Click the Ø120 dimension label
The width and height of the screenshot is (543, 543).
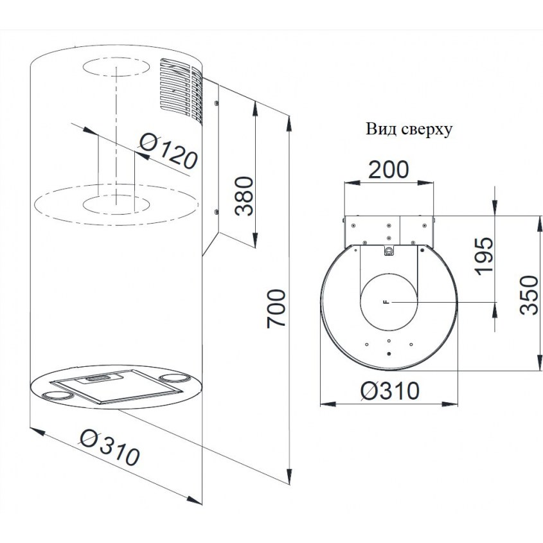(168, 151)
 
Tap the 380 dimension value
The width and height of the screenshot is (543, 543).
(244, 196)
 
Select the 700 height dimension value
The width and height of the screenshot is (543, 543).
(276, 308)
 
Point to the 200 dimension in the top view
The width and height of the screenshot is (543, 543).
(388, 170)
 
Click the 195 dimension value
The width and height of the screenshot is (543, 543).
(484, 256)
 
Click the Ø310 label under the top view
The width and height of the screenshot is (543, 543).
(389, 391)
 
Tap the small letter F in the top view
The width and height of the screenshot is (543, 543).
(387, 302)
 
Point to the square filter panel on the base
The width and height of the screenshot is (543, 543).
(116, 386)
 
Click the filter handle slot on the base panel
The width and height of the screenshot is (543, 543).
(99, 378)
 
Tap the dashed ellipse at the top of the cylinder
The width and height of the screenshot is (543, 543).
(116, 67)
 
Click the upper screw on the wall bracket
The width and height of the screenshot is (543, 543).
(216, 103)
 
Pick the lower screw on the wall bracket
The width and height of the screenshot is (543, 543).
(216, 211)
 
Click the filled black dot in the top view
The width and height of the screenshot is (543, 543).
(389, 354)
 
